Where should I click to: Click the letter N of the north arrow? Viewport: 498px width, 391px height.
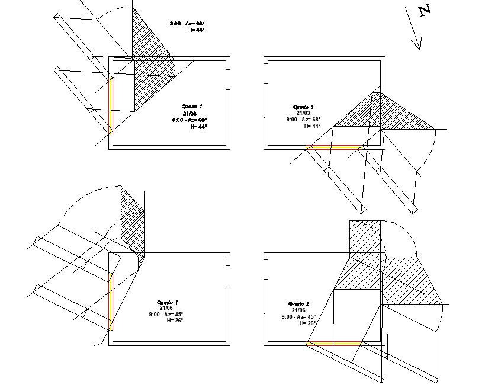pos(424,11)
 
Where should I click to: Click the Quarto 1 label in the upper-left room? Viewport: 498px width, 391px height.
pos(192,106)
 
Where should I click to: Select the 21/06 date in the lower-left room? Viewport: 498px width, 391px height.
pos(165,308)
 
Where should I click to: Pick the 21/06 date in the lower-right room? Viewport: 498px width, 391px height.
pos(298,310)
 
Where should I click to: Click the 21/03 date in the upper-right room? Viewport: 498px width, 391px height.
pos(303,113)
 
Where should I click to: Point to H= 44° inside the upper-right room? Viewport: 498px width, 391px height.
pos(312,126)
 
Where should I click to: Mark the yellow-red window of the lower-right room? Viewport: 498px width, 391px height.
pos(334,342)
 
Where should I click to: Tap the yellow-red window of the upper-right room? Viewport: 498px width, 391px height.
pos(334,148)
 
